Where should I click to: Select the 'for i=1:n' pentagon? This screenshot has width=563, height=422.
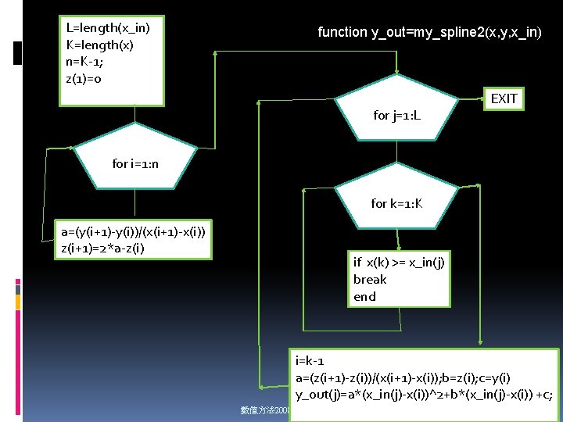click(134, 160)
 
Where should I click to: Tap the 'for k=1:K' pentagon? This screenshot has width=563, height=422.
click(397, 199)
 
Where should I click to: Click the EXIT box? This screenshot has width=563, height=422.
click(504, 98)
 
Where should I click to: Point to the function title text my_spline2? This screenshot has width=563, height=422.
click(429, 32)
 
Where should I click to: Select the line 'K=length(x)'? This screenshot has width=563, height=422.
click(99, 45)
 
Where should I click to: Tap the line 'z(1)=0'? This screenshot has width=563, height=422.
click(84, 79)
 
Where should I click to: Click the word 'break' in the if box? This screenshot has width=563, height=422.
click(370, 279)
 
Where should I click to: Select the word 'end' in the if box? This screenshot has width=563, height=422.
click(364, 296)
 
